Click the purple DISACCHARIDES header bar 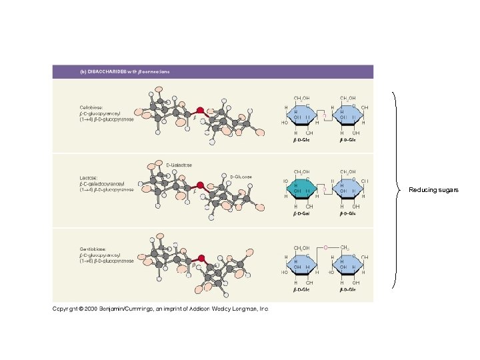point(213,71)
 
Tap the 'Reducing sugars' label point(433,190)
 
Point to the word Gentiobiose point(93,249)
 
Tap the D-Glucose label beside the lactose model point(241,177)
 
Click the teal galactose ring point(302,189)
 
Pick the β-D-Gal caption point(302,215)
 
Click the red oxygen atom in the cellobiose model point(199,110)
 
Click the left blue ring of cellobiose point(302,116)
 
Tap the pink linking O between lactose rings point(325,189)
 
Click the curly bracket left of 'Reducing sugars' point(399,190)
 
